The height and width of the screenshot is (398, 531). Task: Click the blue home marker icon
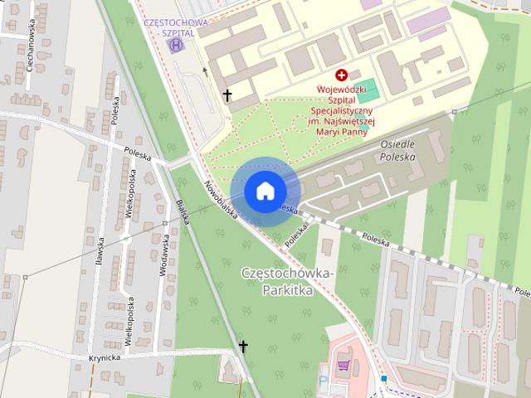264,192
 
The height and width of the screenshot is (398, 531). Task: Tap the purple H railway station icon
176,45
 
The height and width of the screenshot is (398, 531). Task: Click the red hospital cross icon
341,75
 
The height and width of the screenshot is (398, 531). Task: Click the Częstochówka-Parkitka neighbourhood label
287,282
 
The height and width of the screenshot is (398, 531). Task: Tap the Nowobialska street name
222,199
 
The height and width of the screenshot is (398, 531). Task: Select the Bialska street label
183,213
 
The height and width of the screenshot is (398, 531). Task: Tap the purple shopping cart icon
343,364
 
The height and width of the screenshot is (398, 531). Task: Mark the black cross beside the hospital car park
227,95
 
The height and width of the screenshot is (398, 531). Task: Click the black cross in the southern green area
243,346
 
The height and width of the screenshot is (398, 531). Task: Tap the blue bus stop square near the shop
383,378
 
